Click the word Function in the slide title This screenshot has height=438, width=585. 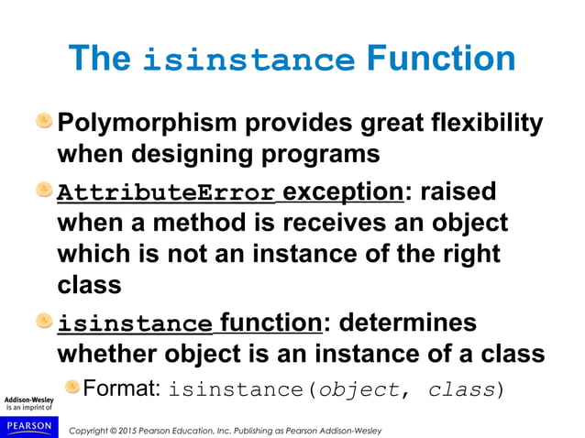[439, 59]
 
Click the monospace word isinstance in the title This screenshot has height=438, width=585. [248, 61]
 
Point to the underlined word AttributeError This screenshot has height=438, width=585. [165, 194]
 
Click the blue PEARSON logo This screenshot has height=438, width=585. [28, 425]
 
